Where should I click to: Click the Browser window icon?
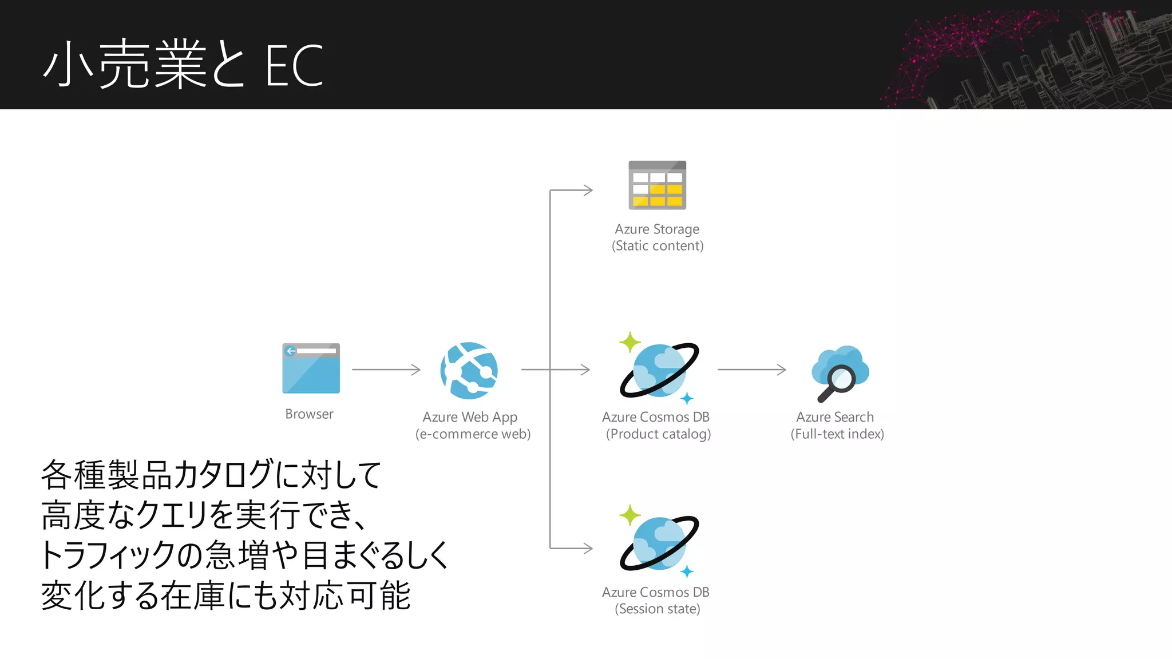pos(311,368)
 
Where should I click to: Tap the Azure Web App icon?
pos(469,370)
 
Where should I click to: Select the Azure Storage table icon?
pos(657,185)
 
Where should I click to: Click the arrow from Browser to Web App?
pos(386,370)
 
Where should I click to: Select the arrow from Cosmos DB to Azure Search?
pos(751,370)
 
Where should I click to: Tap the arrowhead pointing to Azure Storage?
pos(588,190)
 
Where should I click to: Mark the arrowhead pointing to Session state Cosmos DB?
pos(588,548)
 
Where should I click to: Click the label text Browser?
pos(309,414)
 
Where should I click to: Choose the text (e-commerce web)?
pos(473,434)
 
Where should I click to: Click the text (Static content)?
pos(658,245)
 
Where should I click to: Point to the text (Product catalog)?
pos(658,434)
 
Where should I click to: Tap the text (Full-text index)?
pos(837,434)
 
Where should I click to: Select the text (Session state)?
pos(657,609)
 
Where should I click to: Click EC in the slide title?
pos(294,66)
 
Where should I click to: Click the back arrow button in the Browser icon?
pos(291,351)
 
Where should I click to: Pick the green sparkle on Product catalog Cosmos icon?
pos(629,342)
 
